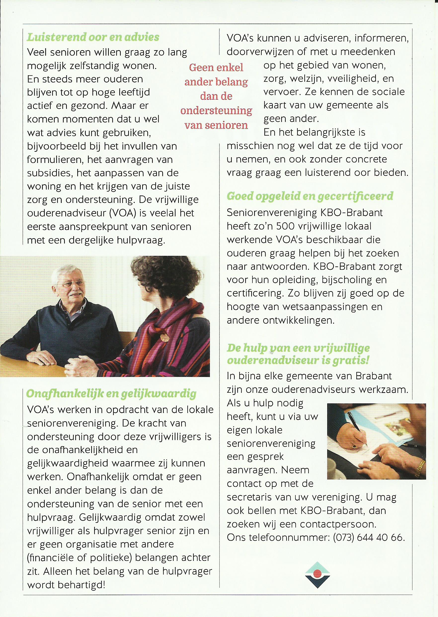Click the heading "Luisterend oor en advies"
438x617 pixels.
click(x=93, y=37)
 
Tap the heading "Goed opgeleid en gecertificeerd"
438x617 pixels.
click(x=310, y=196)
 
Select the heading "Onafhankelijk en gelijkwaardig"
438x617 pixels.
click(x=111, y=394)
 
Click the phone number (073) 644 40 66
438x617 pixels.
click(x=369, y=538)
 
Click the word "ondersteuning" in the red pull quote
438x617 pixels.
click(x=216, y=111)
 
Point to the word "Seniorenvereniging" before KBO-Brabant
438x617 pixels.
click(x=271, y=213)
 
